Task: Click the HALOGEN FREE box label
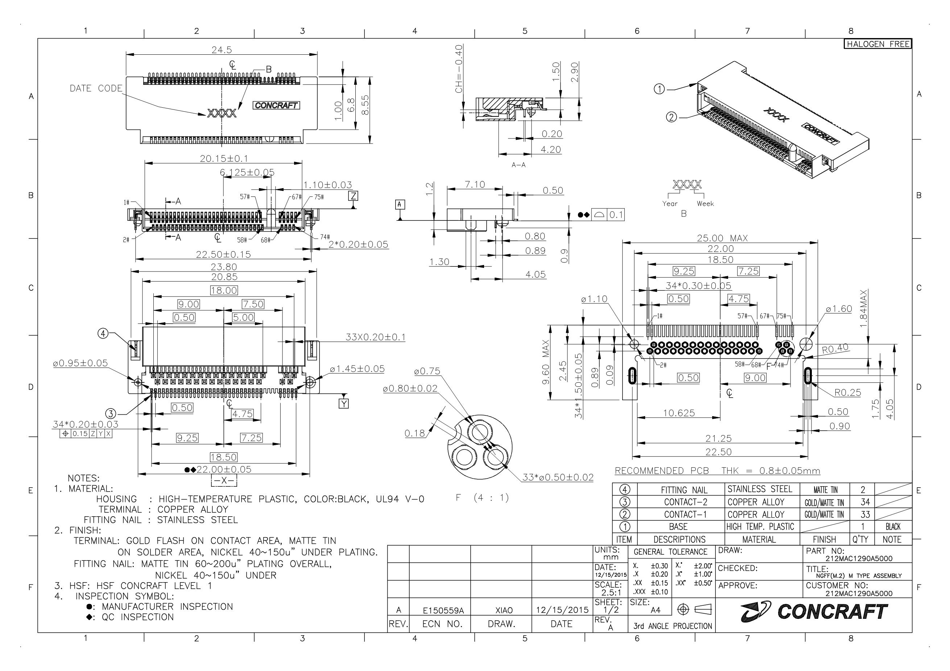pos(877,44)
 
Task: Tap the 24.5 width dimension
pos(222,50)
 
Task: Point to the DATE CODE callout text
pos(96,88)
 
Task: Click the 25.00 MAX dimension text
pos(722,238)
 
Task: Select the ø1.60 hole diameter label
pos(839,309)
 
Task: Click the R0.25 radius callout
pos(847,393)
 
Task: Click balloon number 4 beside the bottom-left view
pos(103,333)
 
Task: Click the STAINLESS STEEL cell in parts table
pos(759,489)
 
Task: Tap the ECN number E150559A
pos(443,610)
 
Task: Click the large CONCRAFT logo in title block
pos(814,612)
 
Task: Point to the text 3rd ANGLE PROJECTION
pos(672,626)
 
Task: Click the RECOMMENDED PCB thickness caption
pos(717,471)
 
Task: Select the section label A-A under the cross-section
pos(519,165)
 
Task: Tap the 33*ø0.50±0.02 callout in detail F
pos(558,477)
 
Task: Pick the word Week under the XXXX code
pos(705,203)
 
